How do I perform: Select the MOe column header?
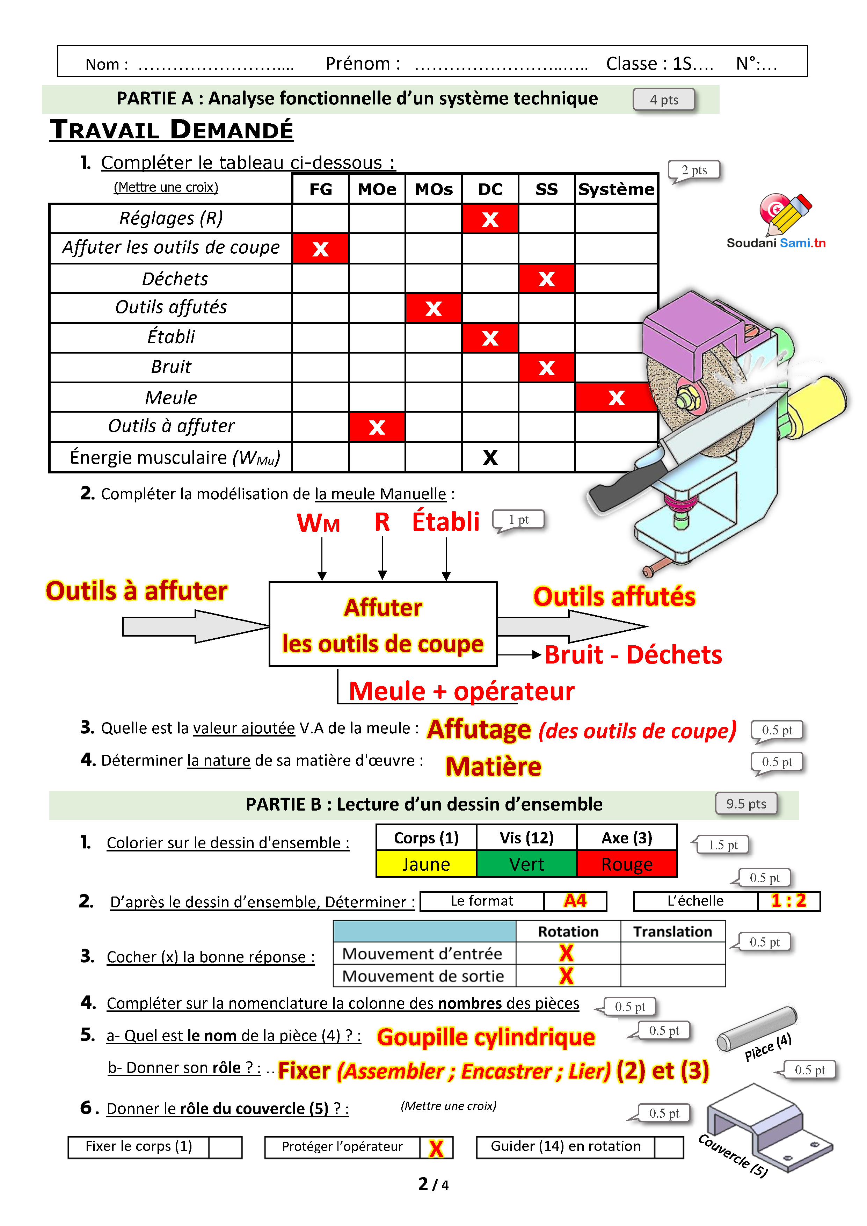click(377, 189)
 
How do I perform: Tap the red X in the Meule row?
click(616, 397)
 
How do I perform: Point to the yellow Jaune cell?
click(426, 864)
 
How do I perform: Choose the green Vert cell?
click(526, 864)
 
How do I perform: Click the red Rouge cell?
click(627, 864)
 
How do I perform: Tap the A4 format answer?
click(575, 901)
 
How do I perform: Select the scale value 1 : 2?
click(788, 901)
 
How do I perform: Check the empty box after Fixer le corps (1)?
click(225, 1147)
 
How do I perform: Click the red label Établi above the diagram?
click(446, 522)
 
